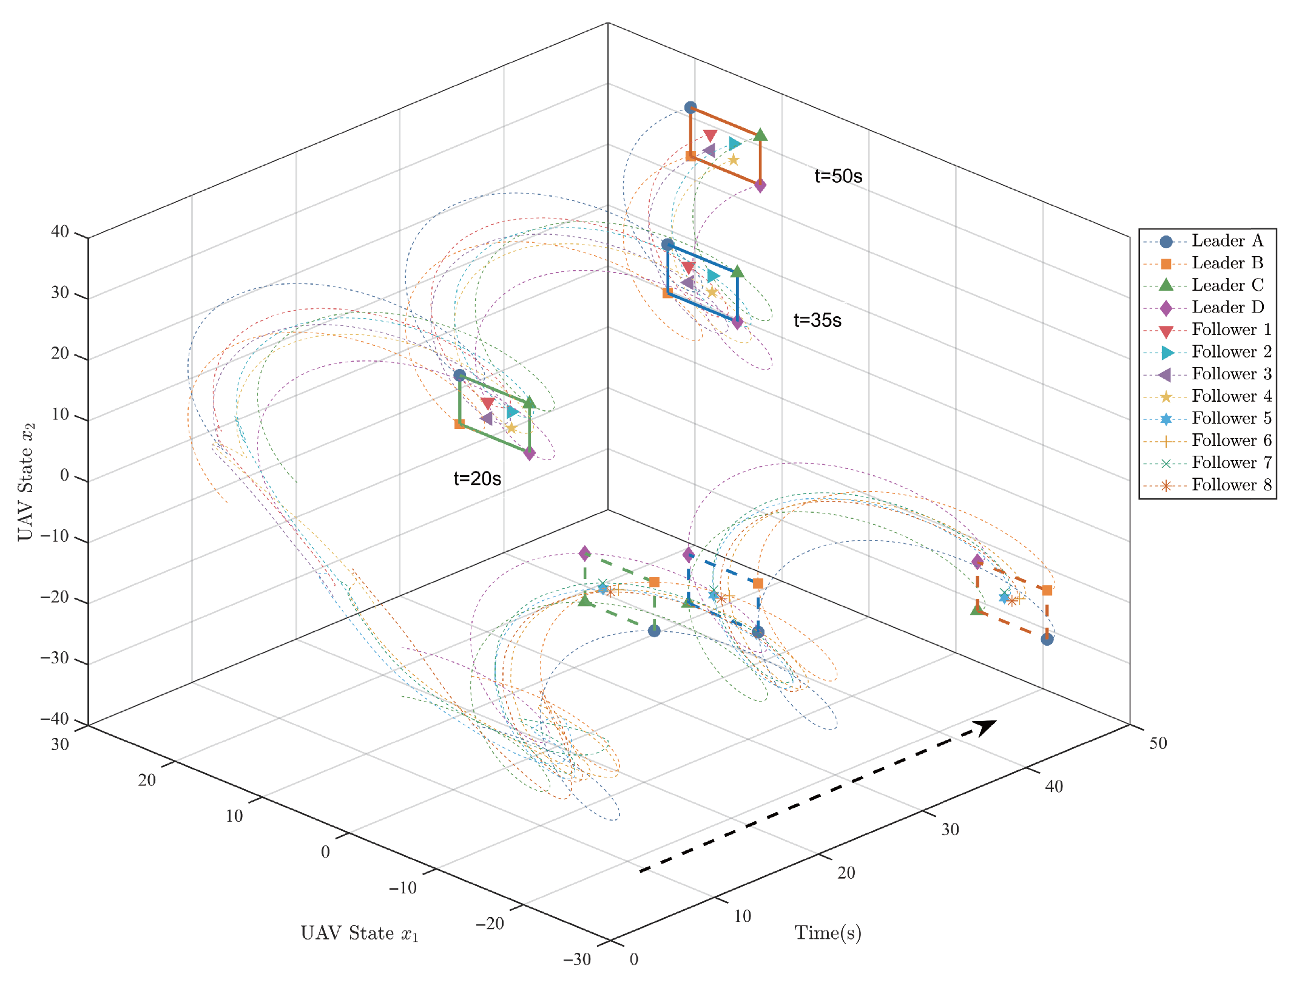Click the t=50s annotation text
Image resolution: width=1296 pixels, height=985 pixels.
tap(838, 176)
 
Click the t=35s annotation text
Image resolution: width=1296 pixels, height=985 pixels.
tap(817, 320)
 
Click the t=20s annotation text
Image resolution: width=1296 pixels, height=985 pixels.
tap(477, 479)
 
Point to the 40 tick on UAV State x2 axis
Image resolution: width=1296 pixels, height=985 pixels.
tap(60, 231)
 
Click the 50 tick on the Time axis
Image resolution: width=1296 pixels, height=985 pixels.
tap(1158, 743)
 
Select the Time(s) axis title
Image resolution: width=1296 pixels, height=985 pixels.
tap(828, 933)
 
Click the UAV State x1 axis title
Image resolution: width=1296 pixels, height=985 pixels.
tap(359, 933)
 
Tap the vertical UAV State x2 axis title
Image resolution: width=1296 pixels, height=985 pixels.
tap(25, 481)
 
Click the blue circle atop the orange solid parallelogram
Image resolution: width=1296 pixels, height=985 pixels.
tap(690, 107)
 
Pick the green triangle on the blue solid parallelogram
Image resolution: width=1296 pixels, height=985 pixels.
tap(737, 271)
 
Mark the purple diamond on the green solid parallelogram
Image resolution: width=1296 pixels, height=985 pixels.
tap(529, 453)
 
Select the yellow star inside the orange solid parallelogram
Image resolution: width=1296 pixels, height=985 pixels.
tap(733, 160)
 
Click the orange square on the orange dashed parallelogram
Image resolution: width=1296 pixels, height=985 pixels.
tap(1047, 590)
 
